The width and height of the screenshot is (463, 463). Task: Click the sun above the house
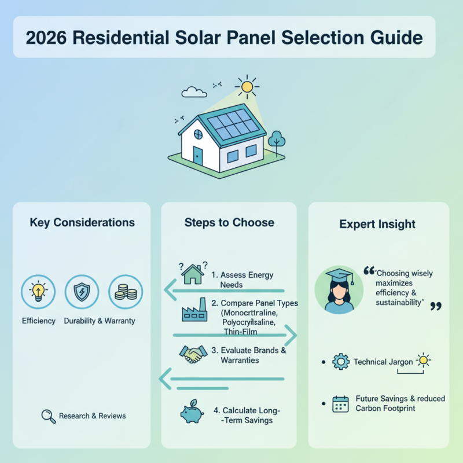[248, 87]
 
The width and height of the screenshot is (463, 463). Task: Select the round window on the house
[198, 135]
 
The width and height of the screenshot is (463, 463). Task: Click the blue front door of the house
[198, 155]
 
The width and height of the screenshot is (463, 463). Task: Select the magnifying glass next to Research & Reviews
[49, 416]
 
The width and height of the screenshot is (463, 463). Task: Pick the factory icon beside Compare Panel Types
[193, 311]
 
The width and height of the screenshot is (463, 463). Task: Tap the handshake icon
[194, 354]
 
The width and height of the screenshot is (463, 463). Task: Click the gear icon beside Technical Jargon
[341, 362]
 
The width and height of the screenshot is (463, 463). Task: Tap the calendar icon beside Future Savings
[341, 403]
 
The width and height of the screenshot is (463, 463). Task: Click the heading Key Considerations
[82, 223]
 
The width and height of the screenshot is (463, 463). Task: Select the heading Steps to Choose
[229, 223]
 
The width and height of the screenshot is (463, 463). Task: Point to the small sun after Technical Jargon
[424, 361]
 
